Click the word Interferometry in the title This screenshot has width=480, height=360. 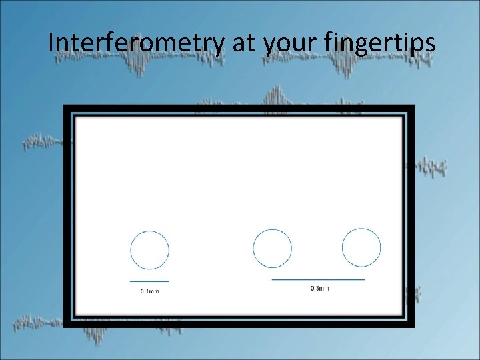tap(136, 43)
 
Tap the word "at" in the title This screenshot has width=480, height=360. tap(243, 43)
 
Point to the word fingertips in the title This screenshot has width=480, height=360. tap(379, 45)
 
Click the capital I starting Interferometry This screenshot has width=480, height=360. tap(51, 43)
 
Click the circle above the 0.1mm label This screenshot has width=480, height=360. tap(149, 251)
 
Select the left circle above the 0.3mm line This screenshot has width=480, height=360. tap(273, 249)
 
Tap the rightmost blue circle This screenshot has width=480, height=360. tap(361, 247)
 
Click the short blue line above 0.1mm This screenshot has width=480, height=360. tap(149, 281)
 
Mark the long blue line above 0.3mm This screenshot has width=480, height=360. tap(319, 279)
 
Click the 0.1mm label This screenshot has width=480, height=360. tap(149, 291)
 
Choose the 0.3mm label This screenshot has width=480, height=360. tap(320, 288)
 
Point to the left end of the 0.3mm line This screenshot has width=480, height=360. tap(273, 279)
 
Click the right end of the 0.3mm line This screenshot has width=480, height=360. tap(364, 279)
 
